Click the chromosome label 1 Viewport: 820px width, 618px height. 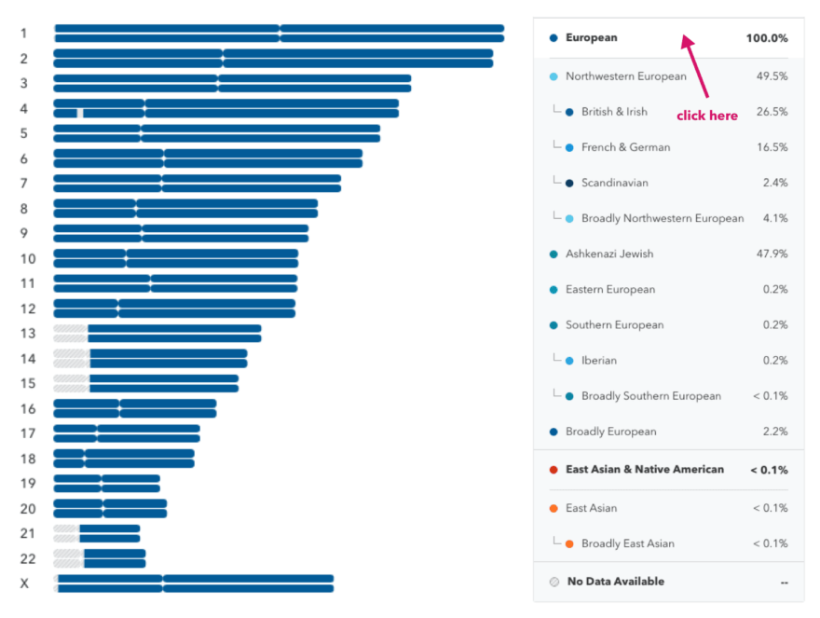[x=23, y=34]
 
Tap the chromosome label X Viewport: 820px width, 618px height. [x=24, y=584]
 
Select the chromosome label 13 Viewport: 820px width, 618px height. [x=27, y=333]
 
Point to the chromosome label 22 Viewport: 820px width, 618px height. [x=27, y=558]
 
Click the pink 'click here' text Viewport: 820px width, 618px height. [x=706, y=116]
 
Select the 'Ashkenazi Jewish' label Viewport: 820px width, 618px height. [x=608, y=254]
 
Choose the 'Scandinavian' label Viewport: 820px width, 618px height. [x=614, y=183]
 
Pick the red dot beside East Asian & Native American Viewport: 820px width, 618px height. [x=553, y=470]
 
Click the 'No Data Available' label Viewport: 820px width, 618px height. [x=615, y=582]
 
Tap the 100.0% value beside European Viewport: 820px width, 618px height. [x=766, y=38]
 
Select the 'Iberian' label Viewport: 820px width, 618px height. [x=598, y=361]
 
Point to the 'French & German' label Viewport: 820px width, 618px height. [x=625, y=147]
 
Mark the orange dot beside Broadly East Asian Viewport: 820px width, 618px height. [x=569, y=543]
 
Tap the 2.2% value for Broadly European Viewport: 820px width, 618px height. [x=774, y=432]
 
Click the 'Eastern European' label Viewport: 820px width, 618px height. [x=609, y=289]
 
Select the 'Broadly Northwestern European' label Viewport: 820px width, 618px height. [x=662, y=218]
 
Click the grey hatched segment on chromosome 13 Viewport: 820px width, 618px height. [x=70, y=333]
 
